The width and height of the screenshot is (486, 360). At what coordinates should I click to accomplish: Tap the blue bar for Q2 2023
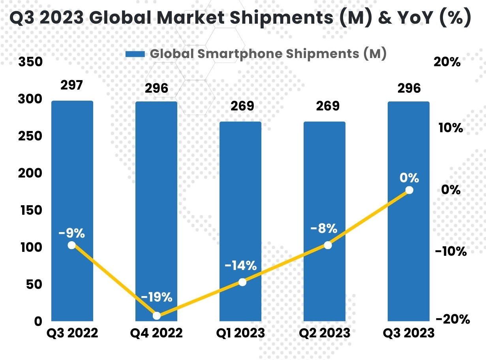[x=325, y=178]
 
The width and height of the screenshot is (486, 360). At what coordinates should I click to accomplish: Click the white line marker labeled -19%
[x=157, y=316]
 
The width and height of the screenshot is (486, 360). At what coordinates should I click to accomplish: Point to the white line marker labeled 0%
[x=409, y=190]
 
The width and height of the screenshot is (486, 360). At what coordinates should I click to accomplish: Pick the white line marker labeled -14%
[x=242, y=282]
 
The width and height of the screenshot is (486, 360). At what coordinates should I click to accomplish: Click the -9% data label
[x=71, y=233]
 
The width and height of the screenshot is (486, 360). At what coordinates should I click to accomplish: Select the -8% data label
[x=324, y=228]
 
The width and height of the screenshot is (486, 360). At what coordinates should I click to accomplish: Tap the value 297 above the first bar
[x=72, y=85]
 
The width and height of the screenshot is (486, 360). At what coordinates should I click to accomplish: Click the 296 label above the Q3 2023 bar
[x=409, y=88]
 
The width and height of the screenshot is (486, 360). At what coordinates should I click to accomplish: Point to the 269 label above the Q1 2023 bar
[x=240, y=106]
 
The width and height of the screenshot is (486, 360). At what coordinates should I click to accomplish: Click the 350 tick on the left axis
[x=30, y=62]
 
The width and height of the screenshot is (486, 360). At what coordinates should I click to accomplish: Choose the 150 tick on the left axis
[x=30, y=210]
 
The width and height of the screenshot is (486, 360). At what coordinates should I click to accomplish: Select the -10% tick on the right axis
[x=451, y=251]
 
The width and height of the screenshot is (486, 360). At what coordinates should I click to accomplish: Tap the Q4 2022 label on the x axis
[x=156, y=333]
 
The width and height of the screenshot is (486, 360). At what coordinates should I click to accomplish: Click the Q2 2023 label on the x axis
[x=325, y=333]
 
